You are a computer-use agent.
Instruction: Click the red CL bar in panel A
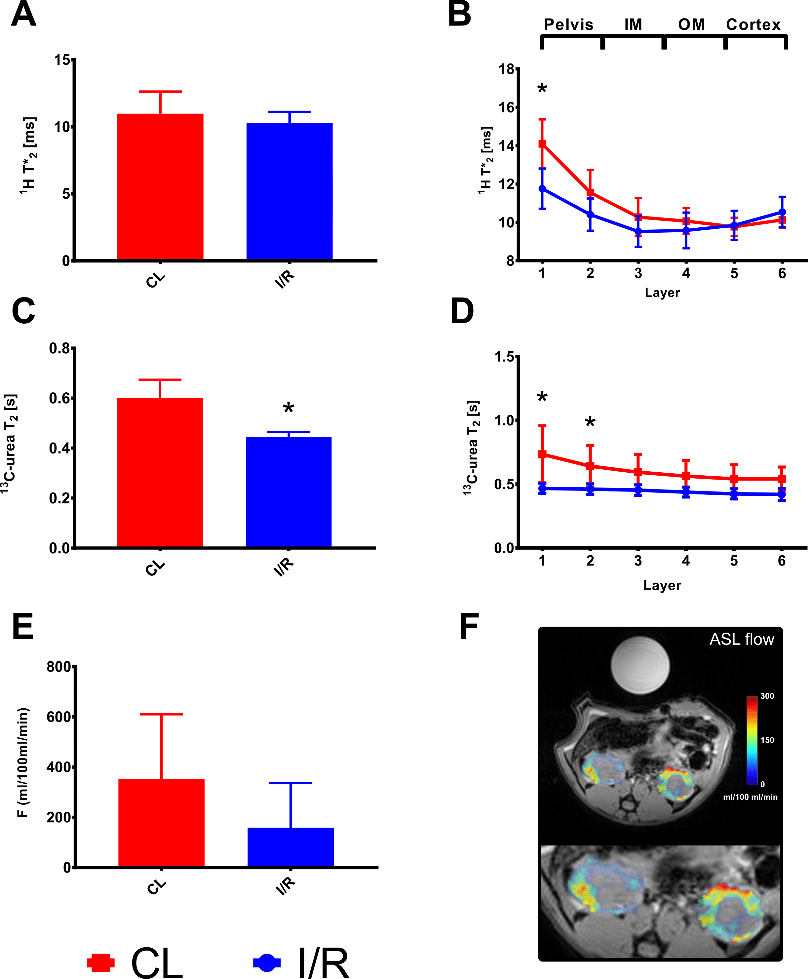[160, 186]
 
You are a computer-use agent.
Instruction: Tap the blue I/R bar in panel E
[290, 847]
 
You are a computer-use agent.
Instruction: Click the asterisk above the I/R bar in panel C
[289, 408]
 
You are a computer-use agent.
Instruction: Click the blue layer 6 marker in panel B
[782, 212]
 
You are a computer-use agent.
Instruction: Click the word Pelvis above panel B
[568, 24]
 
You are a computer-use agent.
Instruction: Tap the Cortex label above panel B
[753, 24]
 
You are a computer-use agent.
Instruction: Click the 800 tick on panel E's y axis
[58, 667]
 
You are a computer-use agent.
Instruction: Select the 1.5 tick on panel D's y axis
[505, 357]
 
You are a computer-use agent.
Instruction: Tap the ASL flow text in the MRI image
[742, 639]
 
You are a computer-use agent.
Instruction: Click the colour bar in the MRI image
[752, 740]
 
